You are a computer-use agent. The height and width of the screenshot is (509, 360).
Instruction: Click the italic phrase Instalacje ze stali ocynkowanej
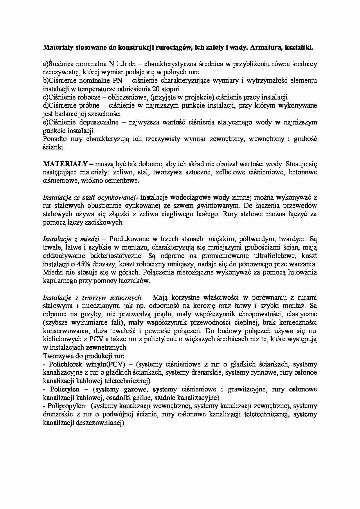point(91,198)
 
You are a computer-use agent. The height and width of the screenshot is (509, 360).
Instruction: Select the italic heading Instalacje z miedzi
point(71,239)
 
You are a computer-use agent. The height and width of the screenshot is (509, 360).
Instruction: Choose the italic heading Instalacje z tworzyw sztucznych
point(92,298)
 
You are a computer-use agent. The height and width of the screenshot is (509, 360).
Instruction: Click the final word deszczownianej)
point(100,423)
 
